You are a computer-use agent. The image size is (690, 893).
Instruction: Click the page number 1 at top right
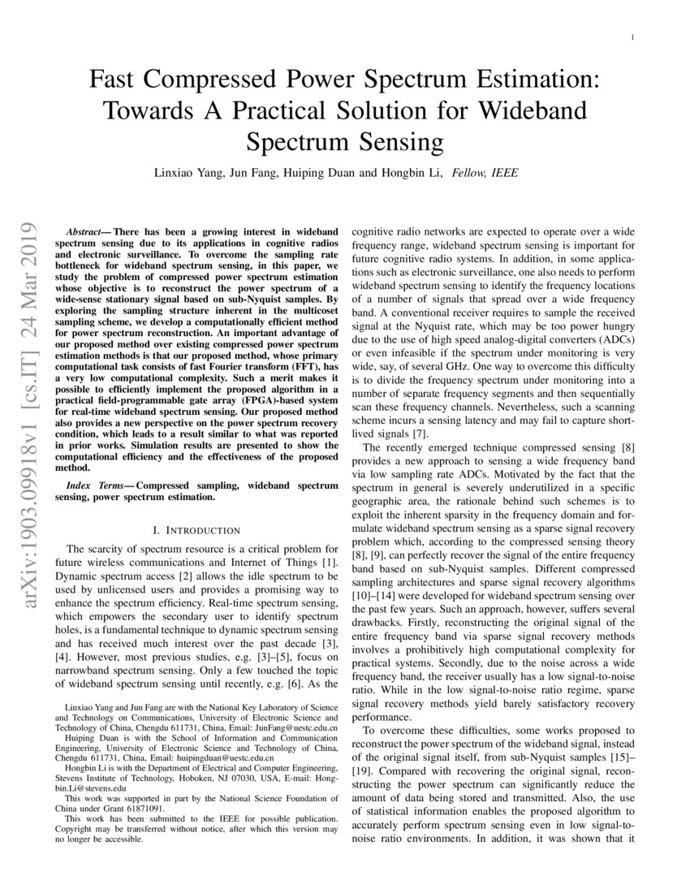(632, 37)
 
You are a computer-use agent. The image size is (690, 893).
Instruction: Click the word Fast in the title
(114, 80)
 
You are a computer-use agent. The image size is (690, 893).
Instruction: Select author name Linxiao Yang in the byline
(186, 173)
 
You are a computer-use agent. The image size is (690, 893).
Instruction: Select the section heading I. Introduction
(196, 529)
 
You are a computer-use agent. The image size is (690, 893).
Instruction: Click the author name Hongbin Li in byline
(413, 173)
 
